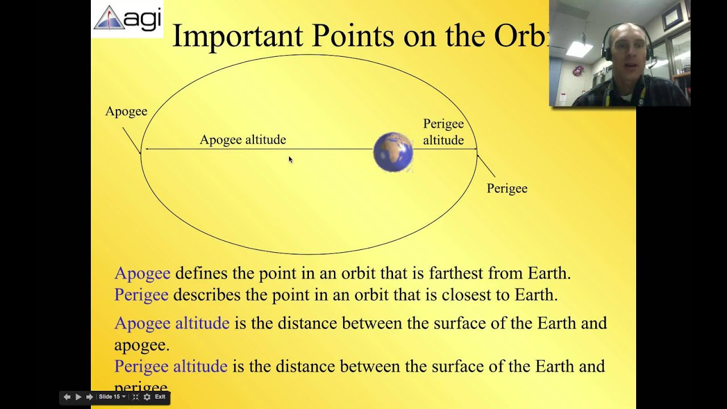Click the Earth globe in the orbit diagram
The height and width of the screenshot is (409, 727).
pyautogui.click(x=393, y=152)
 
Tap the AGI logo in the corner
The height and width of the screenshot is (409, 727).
pyautogui.click(x=128, y=19)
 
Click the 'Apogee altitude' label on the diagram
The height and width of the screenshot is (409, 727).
pyautogui.click(x=243, y=140)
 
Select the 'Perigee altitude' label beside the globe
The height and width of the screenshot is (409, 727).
pyautogui.click(x=443, y=132)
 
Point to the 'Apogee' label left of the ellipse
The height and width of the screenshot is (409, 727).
pyautogui.click(x=126, y=111)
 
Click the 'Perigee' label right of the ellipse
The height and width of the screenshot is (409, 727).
pyautogui.click(x=507, y=189)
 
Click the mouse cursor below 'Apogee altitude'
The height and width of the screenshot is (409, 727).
pyautogui.click(x=290, y=160)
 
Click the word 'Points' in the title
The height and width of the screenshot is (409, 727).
pyautogui.click(x=353, y=36)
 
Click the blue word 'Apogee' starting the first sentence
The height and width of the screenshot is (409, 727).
pyautogui.click(x=142, y=273)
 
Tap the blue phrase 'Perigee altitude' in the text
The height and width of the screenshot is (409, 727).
pyautogui.click(x=170, y=366)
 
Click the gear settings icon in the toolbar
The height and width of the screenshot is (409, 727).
pyautogui.click(x=147, y=397)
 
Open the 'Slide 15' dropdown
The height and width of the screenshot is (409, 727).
pyautogui.click(x=112, y=397)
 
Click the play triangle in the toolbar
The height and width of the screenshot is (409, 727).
pyautogui.click(x=78, y=397)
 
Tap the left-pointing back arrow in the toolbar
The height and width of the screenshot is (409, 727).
pyautogui.click(x=67, y=397)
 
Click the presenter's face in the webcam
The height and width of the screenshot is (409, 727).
pyautogui.click(x=626, y=51)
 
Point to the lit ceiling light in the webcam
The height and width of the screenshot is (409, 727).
pyautogui.click(x=579, y=49)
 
